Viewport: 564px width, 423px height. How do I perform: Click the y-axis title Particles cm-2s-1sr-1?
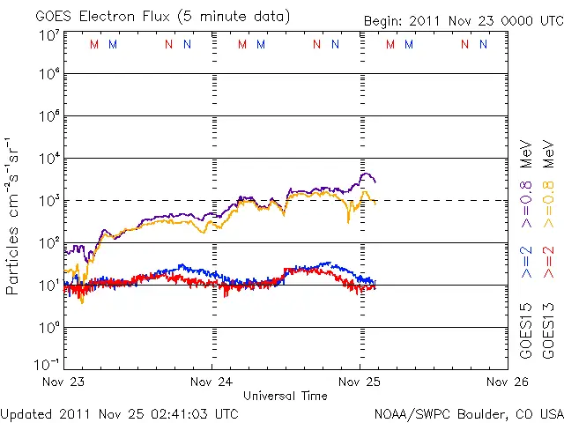tap(13, 215)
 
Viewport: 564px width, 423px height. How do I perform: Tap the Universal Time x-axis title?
tap(285, 396)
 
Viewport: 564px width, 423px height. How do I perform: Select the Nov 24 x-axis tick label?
tap(212, 382)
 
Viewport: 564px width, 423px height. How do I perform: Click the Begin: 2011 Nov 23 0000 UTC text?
tap(463, 19)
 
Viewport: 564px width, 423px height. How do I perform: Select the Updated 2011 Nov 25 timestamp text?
tap(119, 412)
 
